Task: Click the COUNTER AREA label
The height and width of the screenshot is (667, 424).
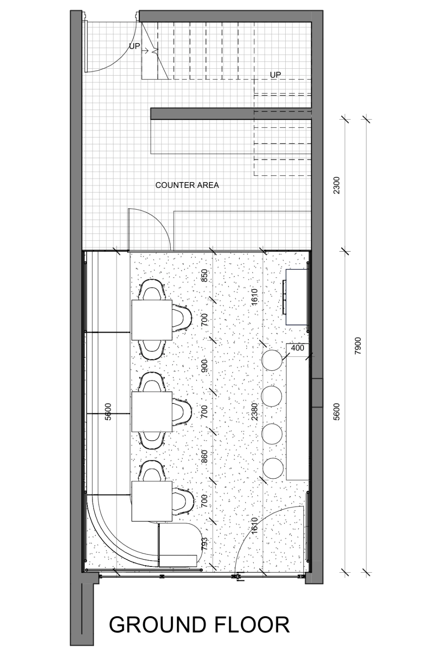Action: coord(187,185)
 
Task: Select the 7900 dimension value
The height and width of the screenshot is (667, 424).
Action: coord(358,346)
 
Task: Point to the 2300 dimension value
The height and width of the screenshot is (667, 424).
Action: coord(336,185)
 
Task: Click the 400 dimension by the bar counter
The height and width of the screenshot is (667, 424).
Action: coord(297,348)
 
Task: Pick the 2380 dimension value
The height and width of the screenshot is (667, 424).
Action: coord(254,411)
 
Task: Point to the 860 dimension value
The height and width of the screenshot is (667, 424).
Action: coord(204,456)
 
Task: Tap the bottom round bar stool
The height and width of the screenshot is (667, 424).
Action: coord(273,468)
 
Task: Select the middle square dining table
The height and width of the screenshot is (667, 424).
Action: coord(152,412)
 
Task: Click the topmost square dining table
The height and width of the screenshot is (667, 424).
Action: coord(152,320)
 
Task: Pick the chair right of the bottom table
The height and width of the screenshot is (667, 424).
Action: coord(182,501)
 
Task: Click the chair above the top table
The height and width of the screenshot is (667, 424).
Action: coord(152,290)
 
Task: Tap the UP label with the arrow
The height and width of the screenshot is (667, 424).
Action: coord(135,46)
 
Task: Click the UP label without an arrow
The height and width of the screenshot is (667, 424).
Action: coord(275,75)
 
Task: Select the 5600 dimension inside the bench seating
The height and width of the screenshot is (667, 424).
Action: coord(108,412)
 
